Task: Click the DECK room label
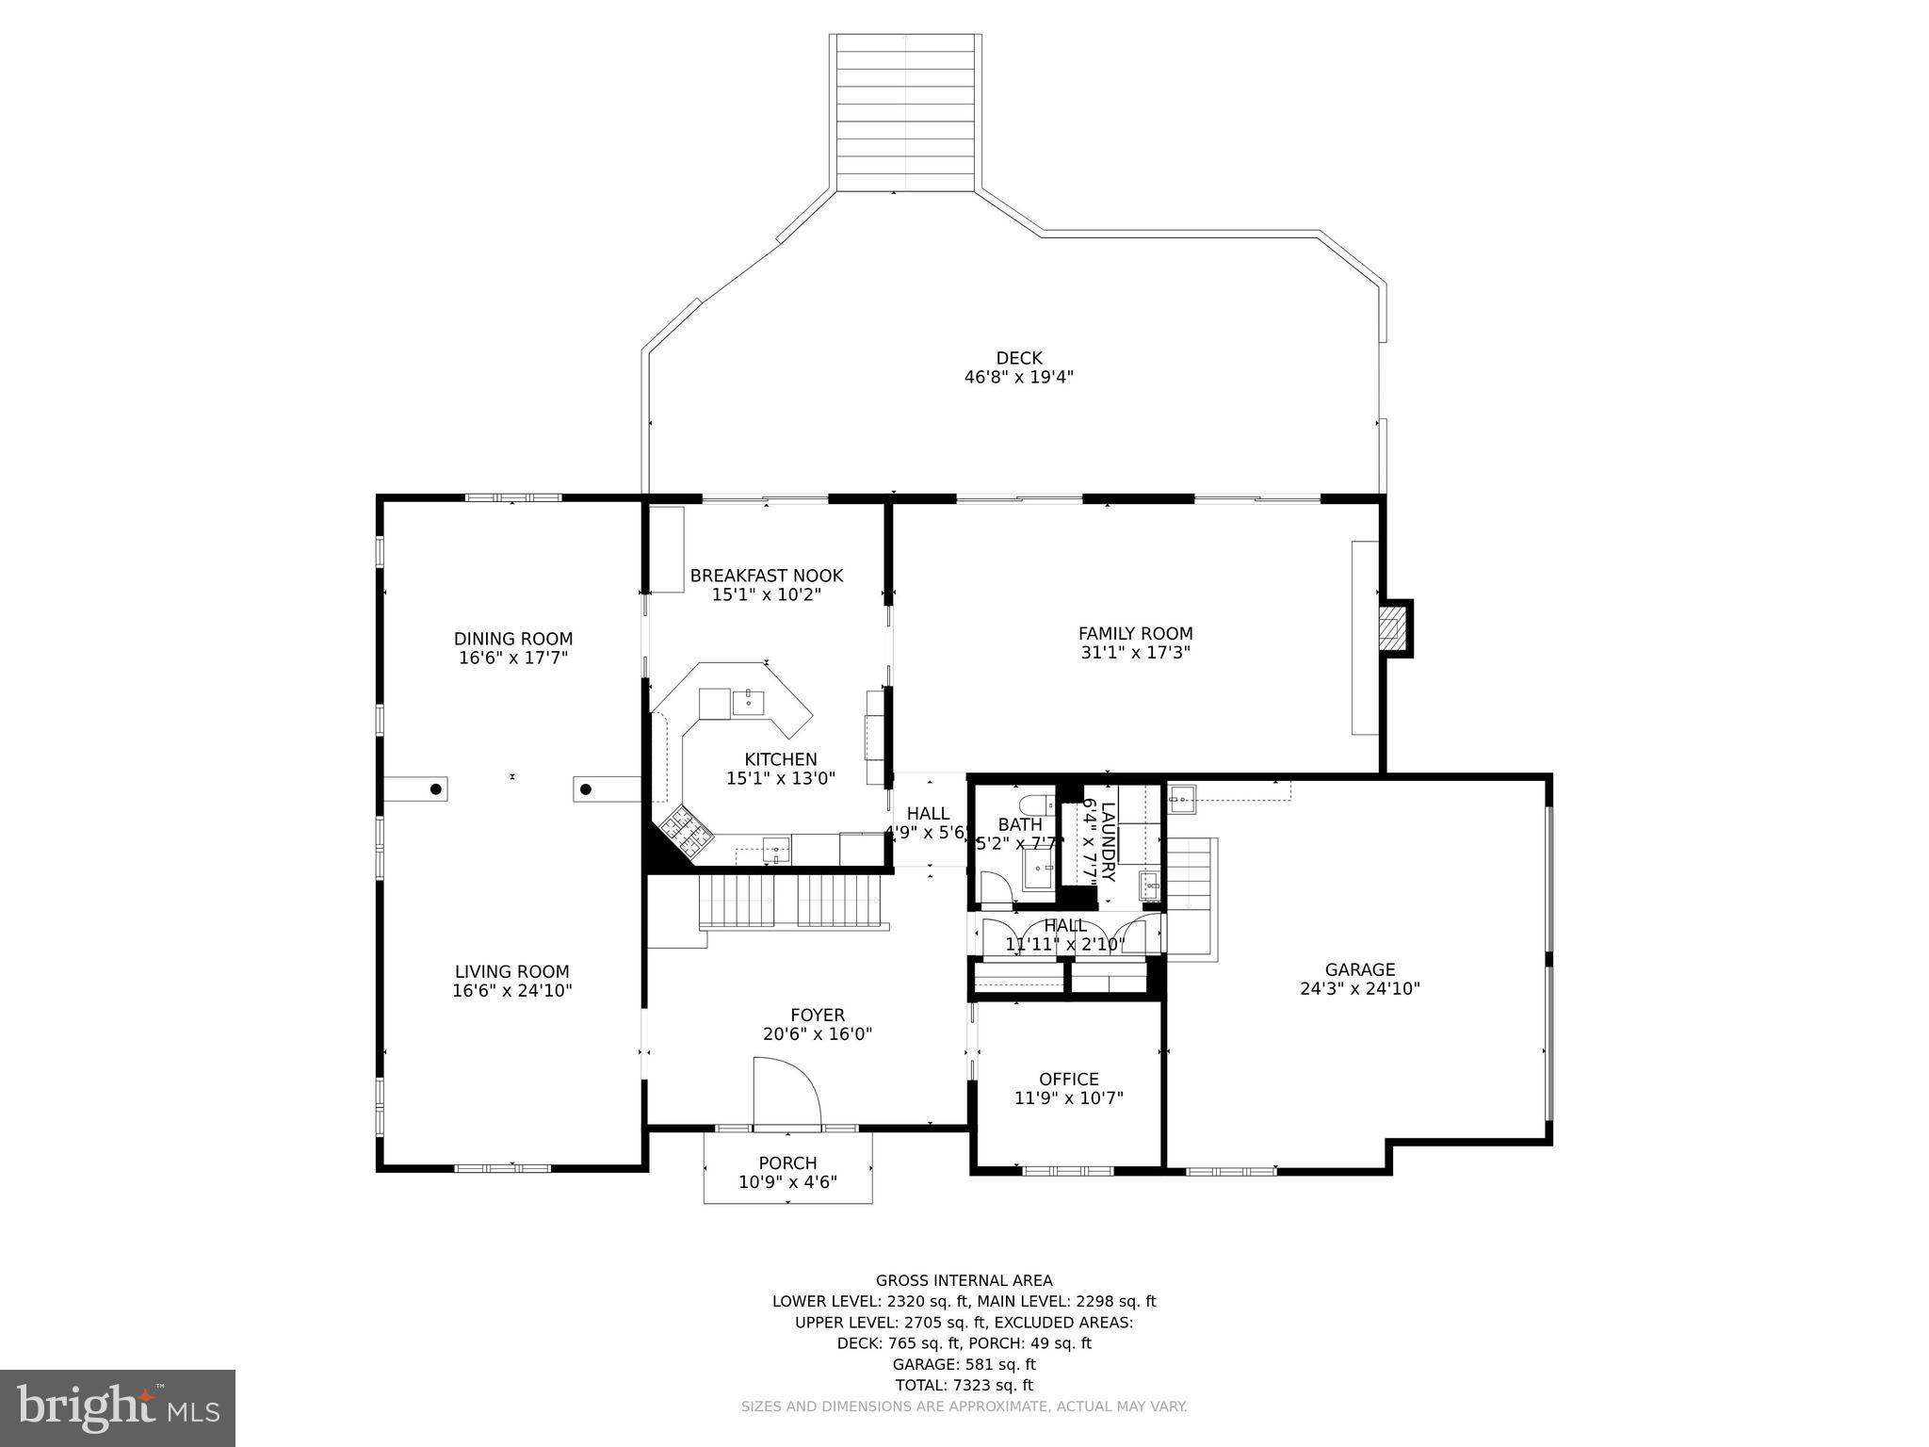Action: pos(1019,358)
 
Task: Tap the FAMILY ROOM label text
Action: pos(1135,634)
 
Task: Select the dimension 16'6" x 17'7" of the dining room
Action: pos(513,658)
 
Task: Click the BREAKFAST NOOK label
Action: pos(767,576)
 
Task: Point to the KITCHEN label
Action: pos(781,759)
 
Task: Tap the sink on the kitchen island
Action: pos(748,701)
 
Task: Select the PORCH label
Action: pos(787,1163)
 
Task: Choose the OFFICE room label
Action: pos(1069,1080)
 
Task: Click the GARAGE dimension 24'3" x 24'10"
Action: pos(1360,989)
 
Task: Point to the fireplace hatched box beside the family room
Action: pos(1392,627)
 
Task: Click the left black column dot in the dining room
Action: pos(436,789)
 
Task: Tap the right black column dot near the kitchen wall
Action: pos(585,789)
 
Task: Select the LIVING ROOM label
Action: pos(512,971)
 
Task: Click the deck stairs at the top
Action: pos(905,113)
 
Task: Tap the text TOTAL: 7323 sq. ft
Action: pos(964,1385)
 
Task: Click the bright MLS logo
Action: pos(118,1407)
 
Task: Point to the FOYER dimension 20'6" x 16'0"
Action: pos(818,1034)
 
